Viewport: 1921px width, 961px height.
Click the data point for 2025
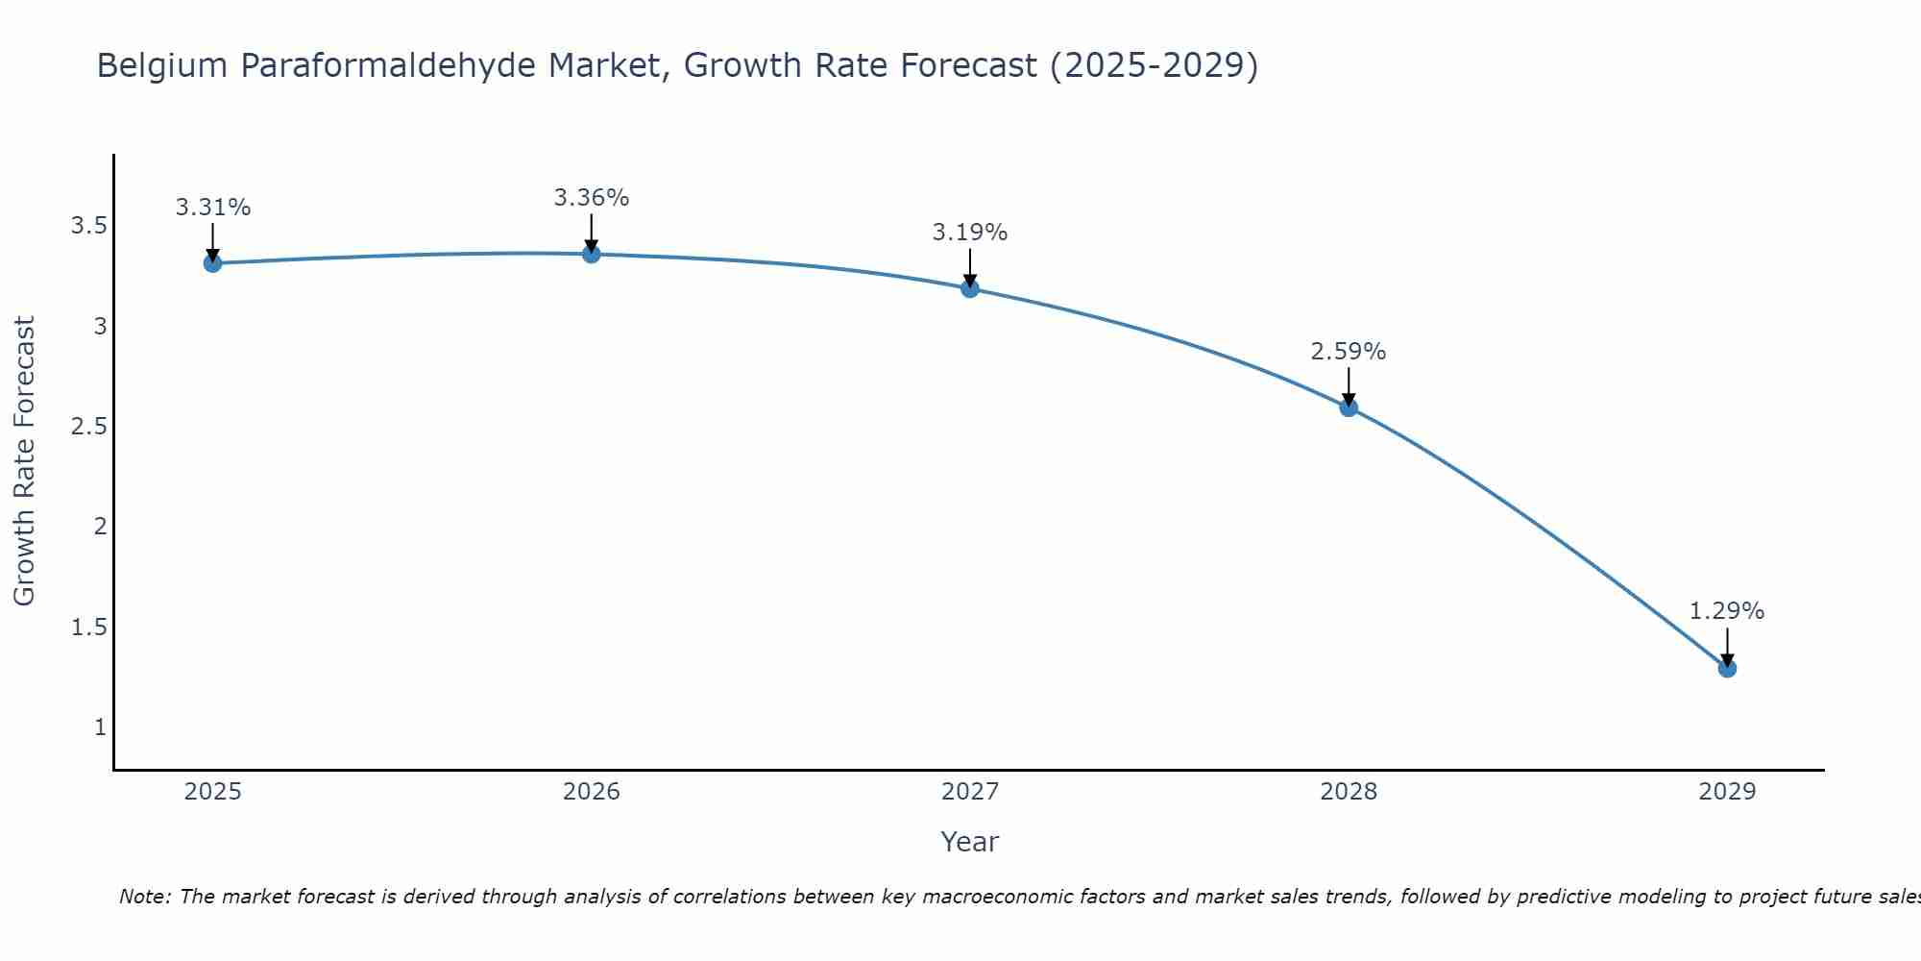(212, 263)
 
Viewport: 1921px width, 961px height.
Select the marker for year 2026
(592, 254)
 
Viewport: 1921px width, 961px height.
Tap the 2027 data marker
(970, 288)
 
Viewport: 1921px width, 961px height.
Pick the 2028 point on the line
(1349, 407)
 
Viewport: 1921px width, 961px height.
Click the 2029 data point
(1727, 668)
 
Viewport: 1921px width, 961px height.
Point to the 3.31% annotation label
(213, 208)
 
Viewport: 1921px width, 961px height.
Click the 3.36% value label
(592, 198)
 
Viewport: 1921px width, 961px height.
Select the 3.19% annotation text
(970, 233)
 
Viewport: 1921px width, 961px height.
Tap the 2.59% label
(1349, 352)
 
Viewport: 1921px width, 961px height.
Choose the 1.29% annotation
(1727, 611)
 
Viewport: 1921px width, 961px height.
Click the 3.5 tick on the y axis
(88, 226)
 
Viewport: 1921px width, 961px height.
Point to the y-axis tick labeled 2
(100, 527)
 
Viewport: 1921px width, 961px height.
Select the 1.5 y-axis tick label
(88, 628)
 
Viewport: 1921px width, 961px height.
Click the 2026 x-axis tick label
(592, 792)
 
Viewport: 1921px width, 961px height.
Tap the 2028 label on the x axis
(1349, 792)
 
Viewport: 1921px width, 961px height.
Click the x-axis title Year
(970, 842)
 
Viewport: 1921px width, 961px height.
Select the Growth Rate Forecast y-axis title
(25, 461)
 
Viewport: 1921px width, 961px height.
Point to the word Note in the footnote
(144, 897)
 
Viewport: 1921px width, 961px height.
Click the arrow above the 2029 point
(1727, 646)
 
